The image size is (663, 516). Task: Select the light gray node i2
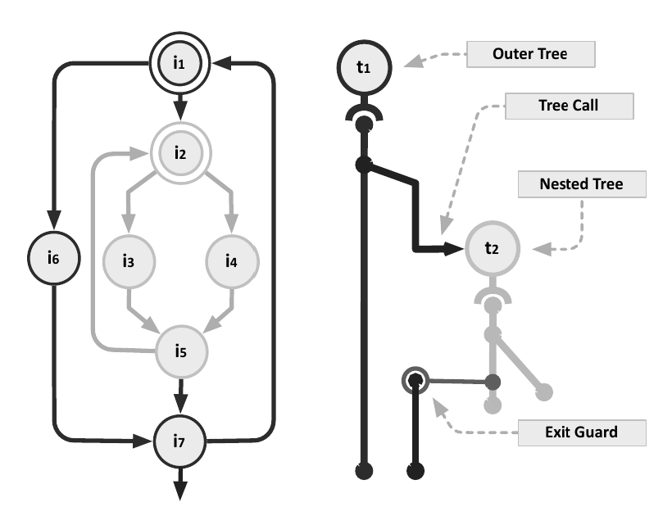coord(181,152)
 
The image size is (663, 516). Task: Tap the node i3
coord(128,262)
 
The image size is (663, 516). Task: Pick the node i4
coord(233,262)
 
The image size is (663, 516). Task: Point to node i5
coord(181,352)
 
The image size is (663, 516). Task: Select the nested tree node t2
coord(491,248)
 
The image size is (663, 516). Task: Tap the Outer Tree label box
coord(529,55)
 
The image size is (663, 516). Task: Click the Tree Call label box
coord(569,106)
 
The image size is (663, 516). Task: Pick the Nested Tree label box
coord(580,184)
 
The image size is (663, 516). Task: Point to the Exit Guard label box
coord(581,431)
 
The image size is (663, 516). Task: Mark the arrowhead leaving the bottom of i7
coord(181,488)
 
